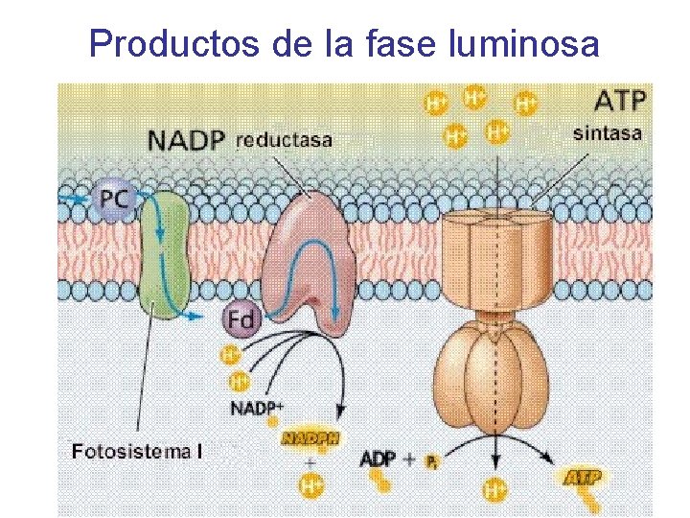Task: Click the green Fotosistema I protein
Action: click(x=165, y=254)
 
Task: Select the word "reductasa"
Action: click(x=285, y=140)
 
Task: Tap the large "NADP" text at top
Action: click(x=186, y=141)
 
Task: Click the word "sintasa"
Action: click(x=608, y=133)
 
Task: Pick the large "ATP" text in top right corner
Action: click(x=620, y=99)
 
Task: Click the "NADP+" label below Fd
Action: click(x=256, y=408)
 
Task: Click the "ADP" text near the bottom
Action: click(x=377, y=459)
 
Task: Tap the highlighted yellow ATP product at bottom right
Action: click(x=583, y=477)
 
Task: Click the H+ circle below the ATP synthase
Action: click(x=495, y=490)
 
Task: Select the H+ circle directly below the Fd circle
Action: click(x=231, y=356)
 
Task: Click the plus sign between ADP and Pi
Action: click(x=409, y=459)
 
